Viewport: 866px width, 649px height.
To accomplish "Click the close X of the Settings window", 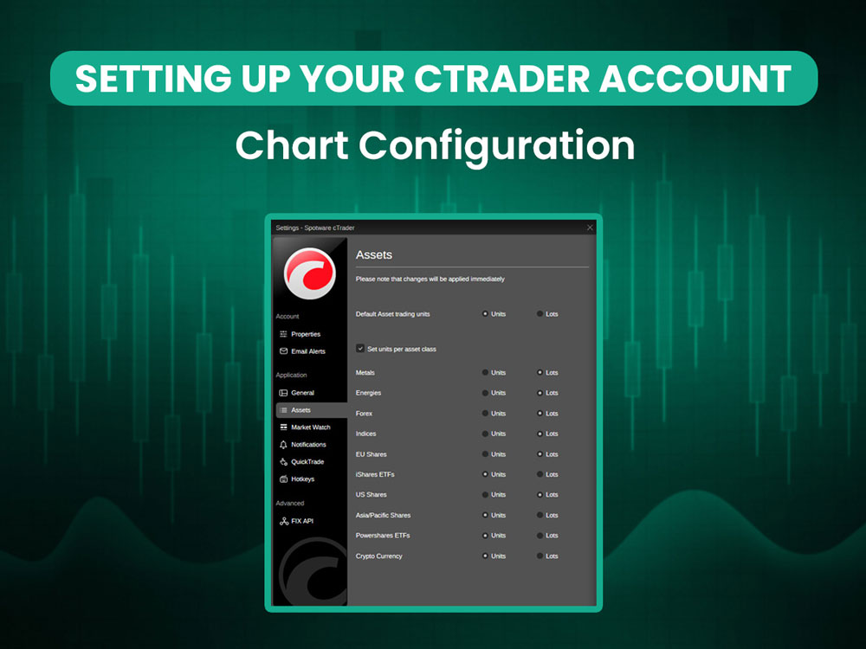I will tap(590, 228).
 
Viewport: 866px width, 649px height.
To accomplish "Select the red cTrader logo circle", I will tap(309, 271).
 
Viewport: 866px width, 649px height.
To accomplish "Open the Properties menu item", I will tap(305, 334).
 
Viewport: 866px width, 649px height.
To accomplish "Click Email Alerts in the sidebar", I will tap(307, 351).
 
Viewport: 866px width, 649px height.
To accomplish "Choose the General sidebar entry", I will tap(302, 393).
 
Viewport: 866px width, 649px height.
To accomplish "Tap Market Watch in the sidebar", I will tap(310, 427).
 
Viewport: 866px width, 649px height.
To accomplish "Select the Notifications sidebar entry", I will tap(308, 445).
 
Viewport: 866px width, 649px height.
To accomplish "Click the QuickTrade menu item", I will tap(307, 462).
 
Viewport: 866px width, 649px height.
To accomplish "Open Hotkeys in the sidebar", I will tap(302, 479).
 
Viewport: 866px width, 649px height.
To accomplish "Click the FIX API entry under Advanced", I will tap(302, 522).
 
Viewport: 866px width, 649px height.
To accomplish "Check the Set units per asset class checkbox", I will tap(360, 348).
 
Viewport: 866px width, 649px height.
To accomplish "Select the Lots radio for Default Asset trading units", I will tap(540, 314).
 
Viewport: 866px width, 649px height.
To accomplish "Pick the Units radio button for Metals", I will tap(485, 373).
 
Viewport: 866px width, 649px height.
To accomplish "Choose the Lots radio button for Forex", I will tap(540, 414).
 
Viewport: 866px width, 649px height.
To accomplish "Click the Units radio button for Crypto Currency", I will tap(485, 556).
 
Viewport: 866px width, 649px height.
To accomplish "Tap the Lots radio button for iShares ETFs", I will tap(540, 474).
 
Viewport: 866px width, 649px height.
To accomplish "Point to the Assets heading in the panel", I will tap(374, 255).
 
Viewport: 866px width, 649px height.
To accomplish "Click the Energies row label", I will tap(368, 393).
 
